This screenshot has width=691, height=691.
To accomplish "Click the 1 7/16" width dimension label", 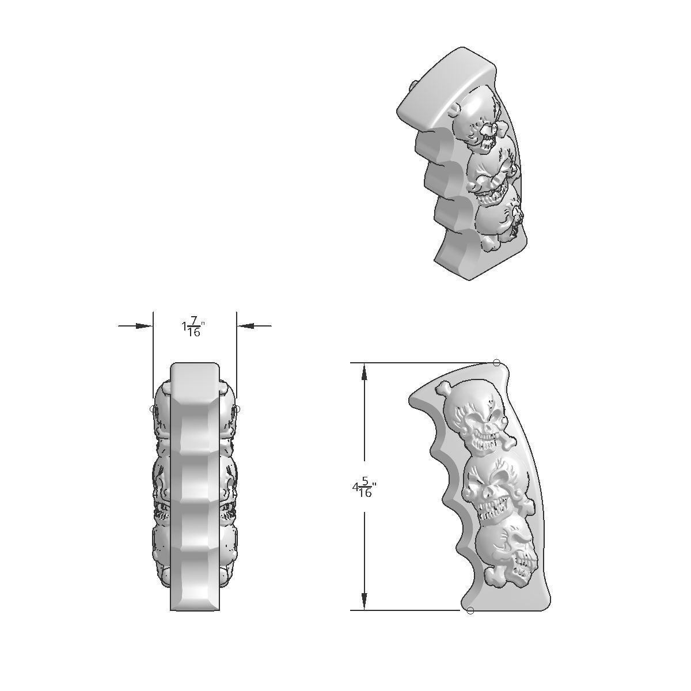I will pos(193,328).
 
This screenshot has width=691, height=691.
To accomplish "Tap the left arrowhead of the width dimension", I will pos(144,326).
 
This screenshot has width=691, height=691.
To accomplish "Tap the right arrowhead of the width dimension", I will pos(246,326).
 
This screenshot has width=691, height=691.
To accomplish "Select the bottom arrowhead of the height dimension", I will pos(364,601).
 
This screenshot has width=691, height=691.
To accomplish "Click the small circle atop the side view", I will pos(497,363).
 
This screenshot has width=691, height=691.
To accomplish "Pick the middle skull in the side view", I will pos(493,489).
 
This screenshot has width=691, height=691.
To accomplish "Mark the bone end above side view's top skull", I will pos(443,388).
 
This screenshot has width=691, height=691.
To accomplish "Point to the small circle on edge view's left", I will pos(153,409).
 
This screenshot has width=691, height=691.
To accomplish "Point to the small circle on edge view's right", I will pos(237,409).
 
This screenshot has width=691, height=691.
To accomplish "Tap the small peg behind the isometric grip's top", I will pos(413,85).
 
